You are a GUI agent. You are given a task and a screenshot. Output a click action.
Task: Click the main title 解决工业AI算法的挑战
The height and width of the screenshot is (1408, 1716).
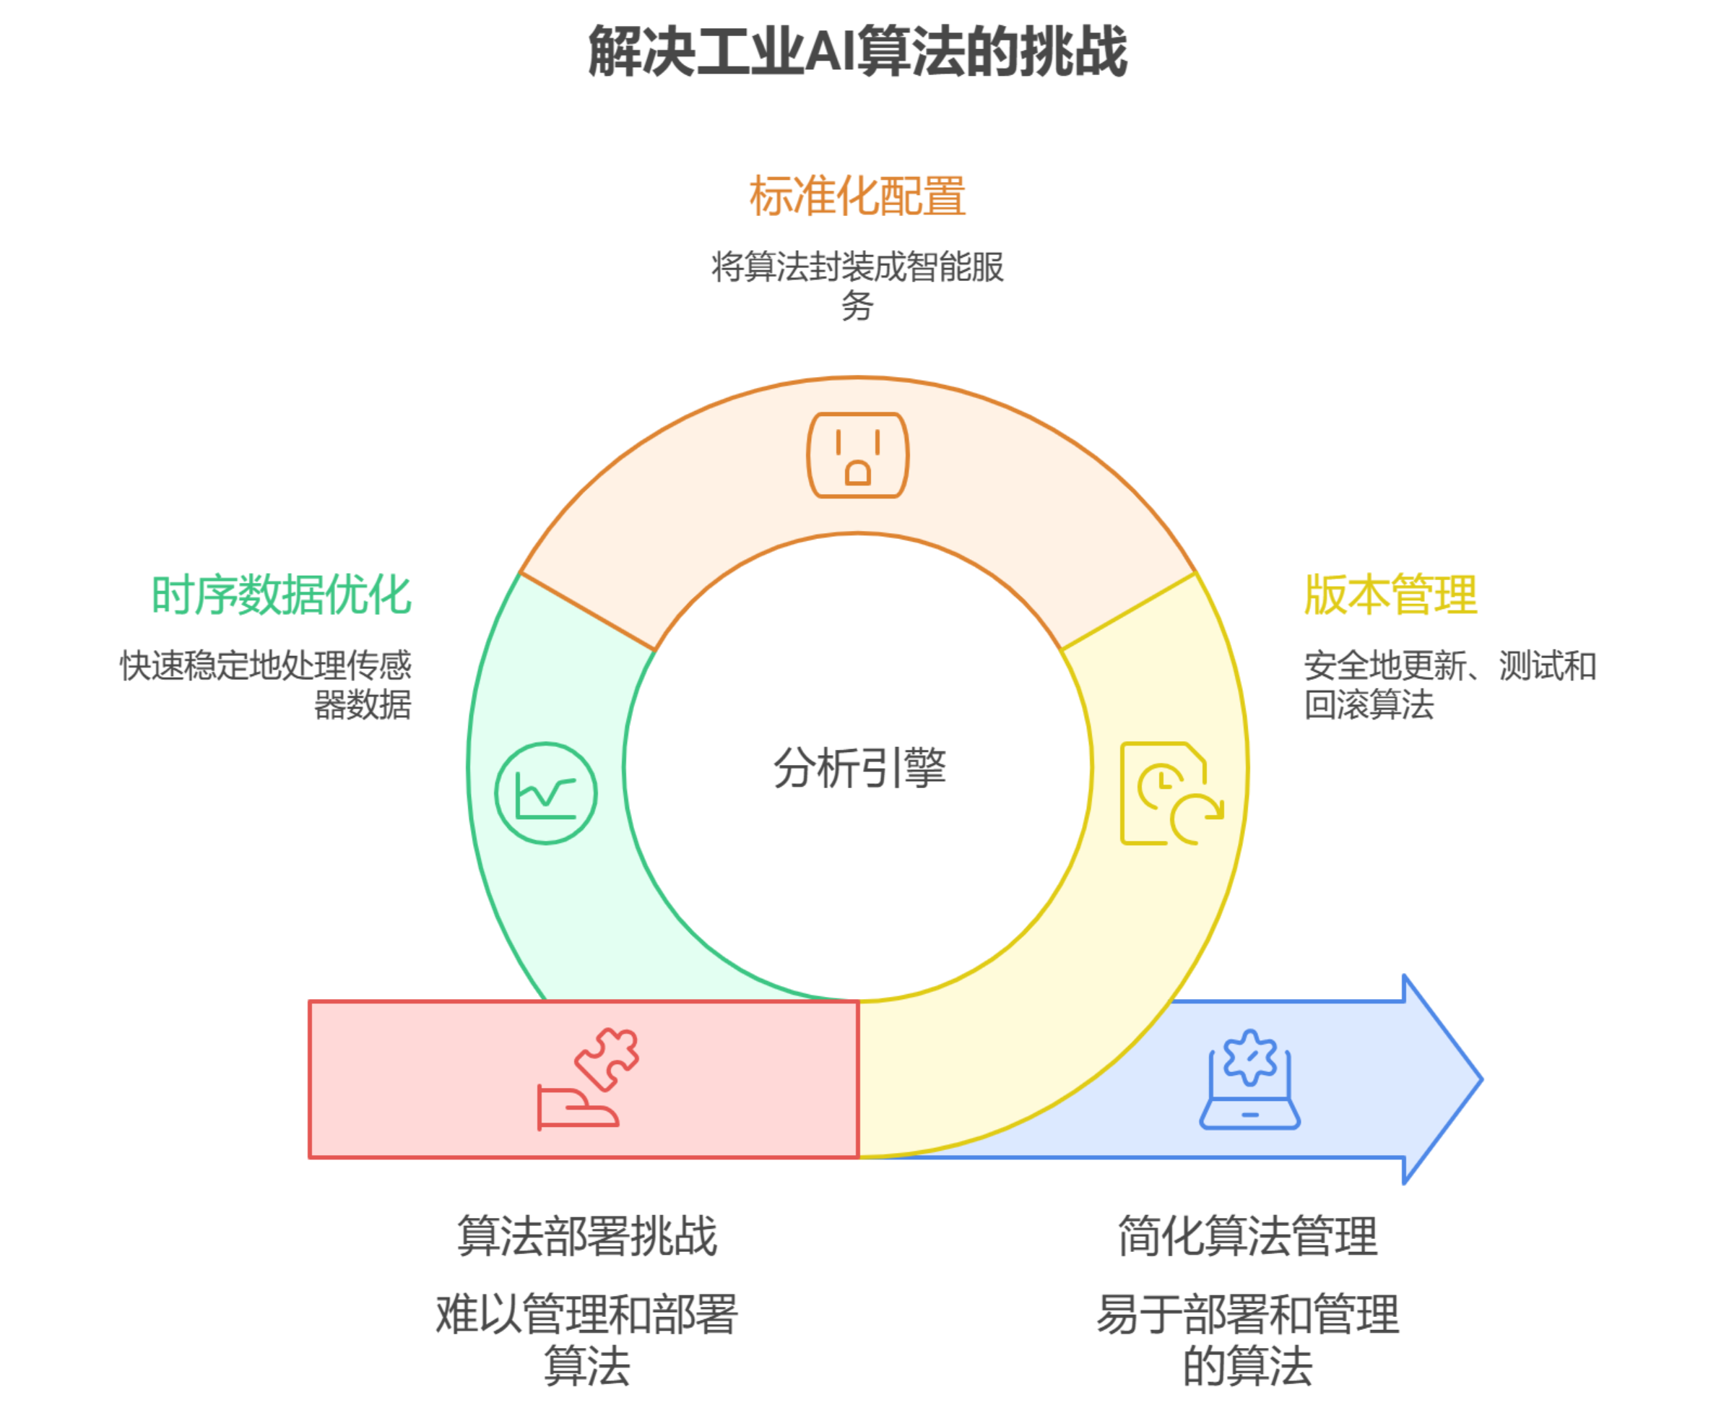(x=857, y=51)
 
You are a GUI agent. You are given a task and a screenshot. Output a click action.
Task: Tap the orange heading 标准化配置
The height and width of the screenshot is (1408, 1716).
(x=857, y=196)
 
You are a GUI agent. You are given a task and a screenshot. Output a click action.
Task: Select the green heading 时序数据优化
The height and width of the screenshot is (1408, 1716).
(x=282, y=595)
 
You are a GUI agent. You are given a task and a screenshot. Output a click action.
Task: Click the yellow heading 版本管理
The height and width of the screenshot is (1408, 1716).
(x=1390, y=595)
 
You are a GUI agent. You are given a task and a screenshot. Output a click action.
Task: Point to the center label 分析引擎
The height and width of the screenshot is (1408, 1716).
(x=859, y=767)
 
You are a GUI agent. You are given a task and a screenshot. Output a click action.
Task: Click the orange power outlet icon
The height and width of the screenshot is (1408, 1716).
(x=857, y=455)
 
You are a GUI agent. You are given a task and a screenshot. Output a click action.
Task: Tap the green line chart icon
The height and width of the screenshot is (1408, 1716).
(x=546, y=792)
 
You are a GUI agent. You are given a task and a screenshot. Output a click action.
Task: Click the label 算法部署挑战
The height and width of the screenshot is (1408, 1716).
(x=586, y=1236)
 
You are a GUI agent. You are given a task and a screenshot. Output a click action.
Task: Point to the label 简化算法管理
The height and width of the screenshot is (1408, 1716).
(x=1248, y=1236)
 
